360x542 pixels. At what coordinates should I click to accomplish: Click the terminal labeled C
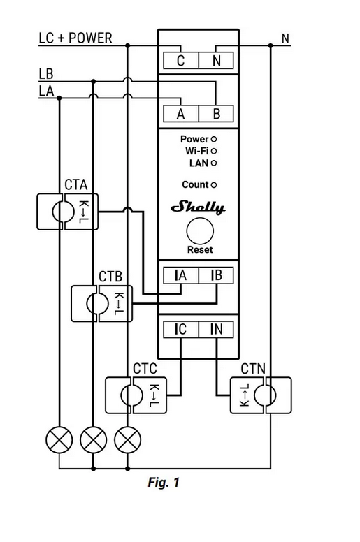coord(181,61)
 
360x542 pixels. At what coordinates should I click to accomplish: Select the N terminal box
coord(216,61)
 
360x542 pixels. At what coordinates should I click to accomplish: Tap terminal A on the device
coord(181,114)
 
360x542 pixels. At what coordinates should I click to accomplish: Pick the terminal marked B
coord(216,114)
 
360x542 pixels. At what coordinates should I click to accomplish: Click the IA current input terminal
coord(181,275)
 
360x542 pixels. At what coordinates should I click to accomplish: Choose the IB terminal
coord(216,275)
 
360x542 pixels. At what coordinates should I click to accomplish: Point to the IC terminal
coord(181,330)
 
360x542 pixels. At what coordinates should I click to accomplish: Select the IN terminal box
coord(216,330)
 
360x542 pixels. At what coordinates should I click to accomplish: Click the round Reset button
coord(200,231)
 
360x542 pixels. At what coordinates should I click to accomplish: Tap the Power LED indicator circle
coord(214,139)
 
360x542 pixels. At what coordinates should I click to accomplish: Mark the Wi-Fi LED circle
coord(214,151)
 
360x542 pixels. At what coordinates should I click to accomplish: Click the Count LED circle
coord(214,185)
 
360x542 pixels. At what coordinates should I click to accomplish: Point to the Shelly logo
coord(198,207)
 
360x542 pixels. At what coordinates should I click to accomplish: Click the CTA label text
coord(76,184)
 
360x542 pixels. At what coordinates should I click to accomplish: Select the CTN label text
coord(253,369)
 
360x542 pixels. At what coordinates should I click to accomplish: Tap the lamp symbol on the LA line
coord(59,440)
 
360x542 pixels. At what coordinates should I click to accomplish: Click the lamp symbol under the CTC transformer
coord(128,440)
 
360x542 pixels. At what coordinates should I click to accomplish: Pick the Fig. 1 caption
coord(164,482)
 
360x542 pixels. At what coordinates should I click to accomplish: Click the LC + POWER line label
coord(75,38)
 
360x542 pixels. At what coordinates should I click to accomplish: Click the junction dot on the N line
coord(271,45)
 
